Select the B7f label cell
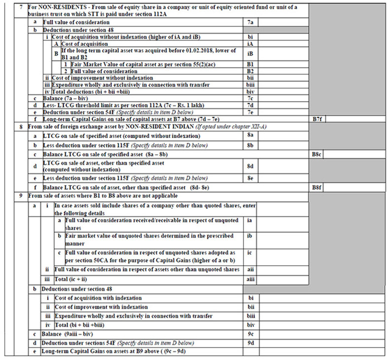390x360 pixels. click(318, 119)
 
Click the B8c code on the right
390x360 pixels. click(318, 154)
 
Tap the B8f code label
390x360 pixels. click(318, 187)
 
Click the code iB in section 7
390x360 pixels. click(250, 54)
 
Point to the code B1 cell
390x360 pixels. click(250, 64)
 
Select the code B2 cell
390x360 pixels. click(250, 71)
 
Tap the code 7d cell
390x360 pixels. click(250, 105)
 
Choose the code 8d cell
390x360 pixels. click(250, 166)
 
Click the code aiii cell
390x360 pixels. click(250, 279)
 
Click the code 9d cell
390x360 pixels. click(250, 343)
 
